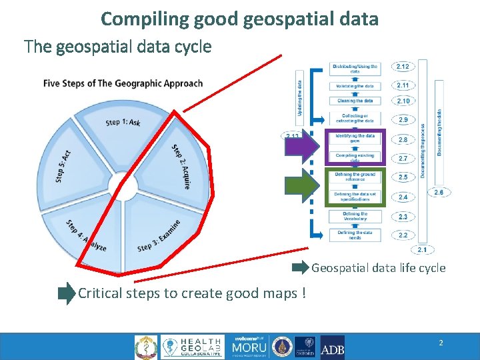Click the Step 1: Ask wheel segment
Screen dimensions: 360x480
tap(123, 123)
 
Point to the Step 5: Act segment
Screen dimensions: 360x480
tap(67, 163)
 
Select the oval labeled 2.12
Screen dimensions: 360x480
tap(403, 67)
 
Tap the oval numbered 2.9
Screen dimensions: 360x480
tap(403, 120)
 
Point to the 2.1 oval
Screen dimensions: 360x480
tap(422, 249)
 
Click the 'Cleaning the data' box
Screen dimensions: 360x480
tap(355, 101)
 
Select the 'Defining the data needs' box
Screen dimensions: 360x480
tap(355, 235)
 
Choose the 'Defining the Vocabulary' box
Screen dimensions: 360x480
tap(355, 216)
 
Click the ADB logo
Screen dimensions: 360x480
tap(332, 347)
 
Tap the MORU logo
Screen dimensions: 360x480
tap(249, 347)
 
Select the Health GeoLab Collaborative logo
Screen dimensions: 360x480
tap(193, 347)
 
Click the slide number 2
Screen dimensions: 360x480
tap(441, 343)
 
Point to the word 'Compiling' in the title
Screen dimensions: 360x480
tap(137, 19)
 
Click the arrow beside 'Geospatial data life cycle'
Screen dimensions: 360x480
tap(301, 268)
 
